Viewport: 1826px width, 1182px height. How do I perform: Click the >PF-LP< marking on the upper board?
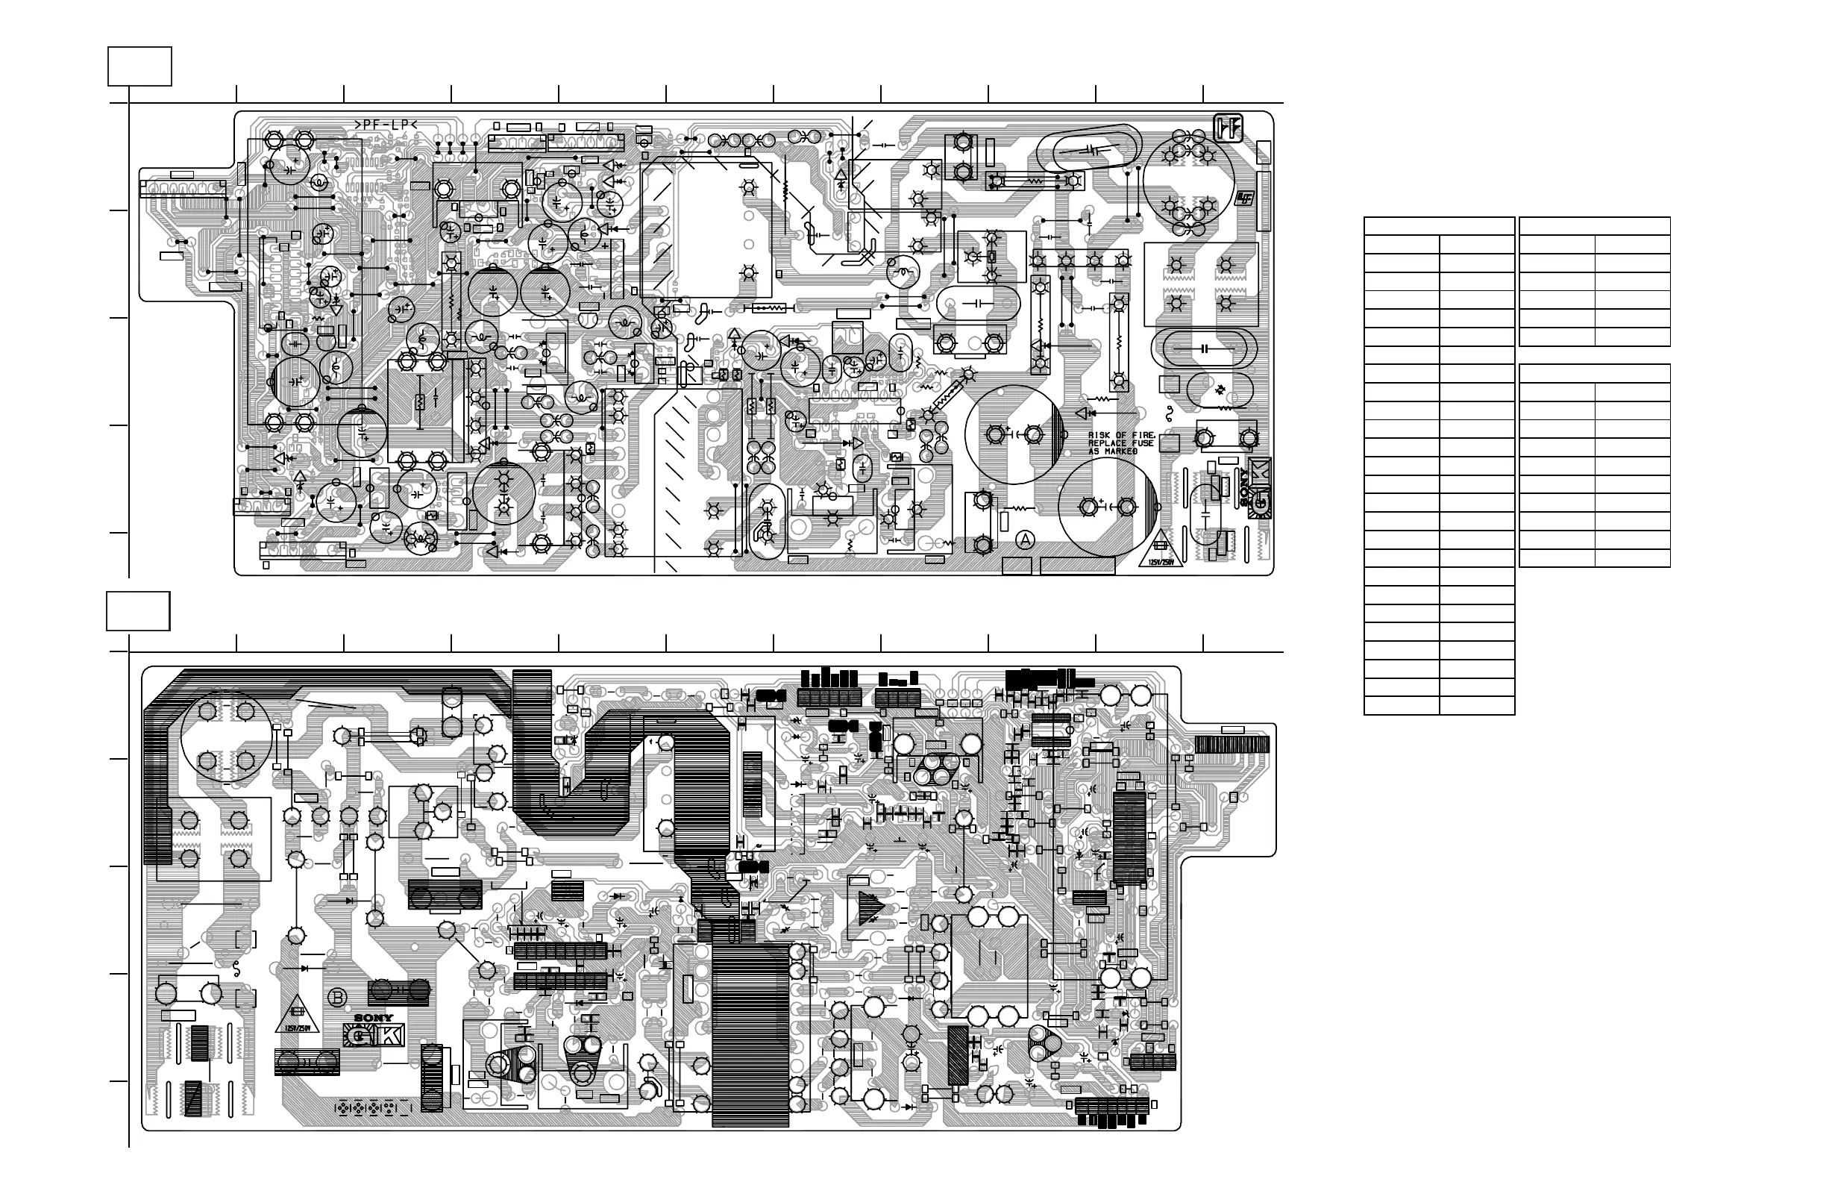click(x=385, y=125)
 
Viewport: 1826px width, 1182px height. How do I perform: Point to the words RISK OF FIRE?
click(x=1122, y=435)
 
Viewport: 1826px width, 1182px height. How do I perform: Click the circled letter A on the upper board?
click(x=1026, y=540)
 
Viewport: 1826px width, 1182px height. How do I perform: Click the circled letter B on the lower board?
click(x=337, y=998)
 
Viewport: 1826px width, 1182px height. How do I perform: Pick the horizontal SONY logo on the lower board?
click(x=374, y=1019)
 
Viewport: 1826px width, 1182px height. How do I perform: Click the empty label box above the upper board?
click(x=139, y=66)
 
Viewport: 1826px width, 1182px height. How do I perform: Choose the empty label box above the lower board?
click(x=138, y=611)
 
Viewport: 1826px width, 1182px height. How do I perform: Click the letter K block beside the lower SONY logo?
click(x=391, y=1036)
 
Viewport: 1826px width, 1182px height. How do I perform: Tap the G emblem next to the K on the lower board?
click(x=357, y=1036)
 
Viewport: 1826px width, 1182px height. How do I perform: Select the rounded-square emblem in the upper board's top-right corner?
click(x=1228, y=128)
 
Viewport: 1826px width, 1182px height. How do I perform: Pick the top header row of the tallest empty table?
click(x=1439, y=225)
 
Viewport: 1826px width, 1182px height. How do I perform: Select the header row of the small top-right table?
click(x=1594, y=225)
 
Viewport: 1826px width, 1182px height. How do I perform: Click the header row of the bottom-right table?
click(x=1594, y=373)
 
